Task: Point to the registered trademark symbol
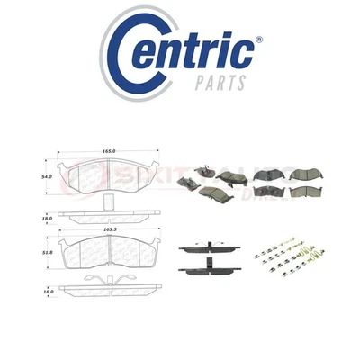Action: tap(259, 40)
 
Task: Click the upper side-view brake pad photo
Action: tap(202, 247)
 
